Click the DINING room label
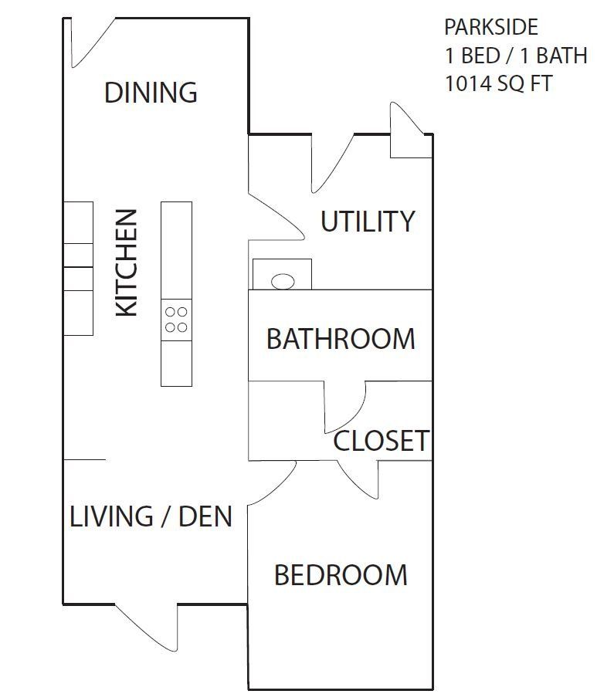pyautogui.click(x=151, y=93)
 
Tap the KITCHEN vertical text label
pyautogui.click(x=126, y=262)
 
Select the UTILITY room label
pyautogui.click(x=368, y=222)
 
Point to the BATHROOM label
pyautogui.click(x=341, y=338)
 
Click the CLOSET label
pyautogui.click(x=381, y=441)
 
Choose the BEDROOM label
pyautogui.click(x=341, y=575)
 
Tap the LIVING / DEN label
pyautogui.click(x=151, y=516)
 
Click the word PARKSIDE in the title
pyautogui.click(x=490, y=28)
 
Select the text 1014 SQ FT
pyautogui.click(x=498, y=83)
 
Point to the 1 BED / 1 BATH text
pyautogui.click(x=515, y=56)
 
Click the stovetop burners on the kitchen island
pyautogui.click(x=176, y=320)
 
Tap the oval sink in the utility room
pyautogui.click(x=283, y=281)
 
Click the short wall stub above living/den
pyautogui.click(x=84, y=459)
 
